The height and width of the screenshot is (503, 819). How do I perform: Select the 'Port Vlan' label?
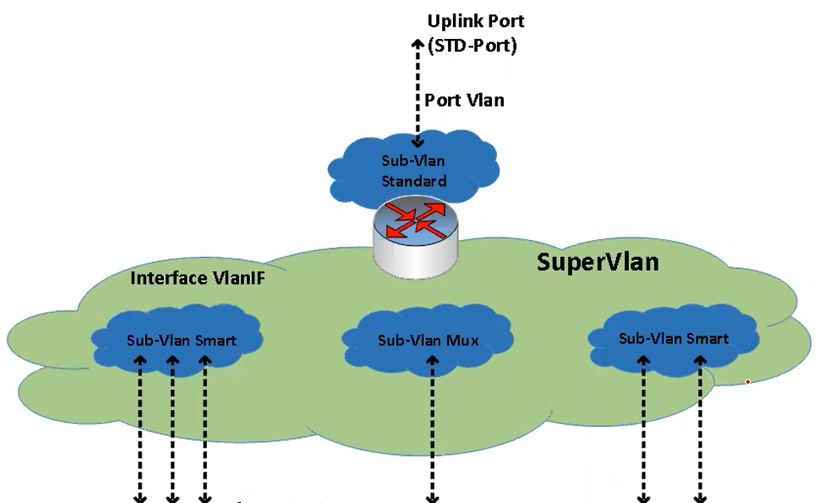coord(464,100)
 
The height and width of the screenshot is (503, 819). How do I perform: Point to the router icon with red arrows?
coord(416,221)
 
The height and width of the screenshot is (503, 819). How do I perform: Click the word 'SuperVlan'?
coord(598,262)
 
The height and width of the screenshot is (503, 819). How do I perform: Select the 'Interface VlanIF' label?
coord(198,278)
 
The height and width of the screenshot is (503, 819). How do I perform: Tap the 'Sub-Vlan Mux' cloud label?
coord(429,342)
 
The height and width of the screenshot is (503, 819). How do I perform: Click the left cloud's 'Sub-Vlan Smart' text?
coord(182,341)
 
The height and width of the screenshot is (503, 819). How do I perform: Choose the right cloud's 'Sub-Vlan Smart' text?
coord(674,339)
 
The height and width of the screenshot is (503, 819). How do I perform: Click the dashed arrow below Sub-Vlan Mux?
coord(433,431)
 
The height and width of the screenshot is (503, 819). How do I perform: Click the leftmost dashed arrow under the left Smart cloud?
coord(140,431)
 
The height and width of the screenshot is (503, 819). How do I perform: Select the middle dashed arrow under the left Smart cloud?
coord(172,431)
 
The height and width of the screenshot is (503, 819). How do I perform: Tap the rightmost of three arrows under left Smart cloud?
coord(204,431)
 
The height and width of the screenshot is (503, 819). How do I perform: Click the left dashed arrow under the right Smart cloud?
coord(644,431)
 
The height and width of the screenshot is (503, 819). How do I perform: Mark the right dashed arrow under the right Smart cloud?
coord(700,431)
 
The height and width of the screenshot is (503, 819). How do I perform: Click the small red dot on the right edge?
coord(748,382)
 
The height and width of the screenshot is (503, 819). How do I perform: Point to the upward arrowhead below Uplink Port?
coord(418,44)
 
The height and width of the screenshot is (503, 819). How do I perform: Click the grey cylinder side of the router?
coord(416,258)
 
